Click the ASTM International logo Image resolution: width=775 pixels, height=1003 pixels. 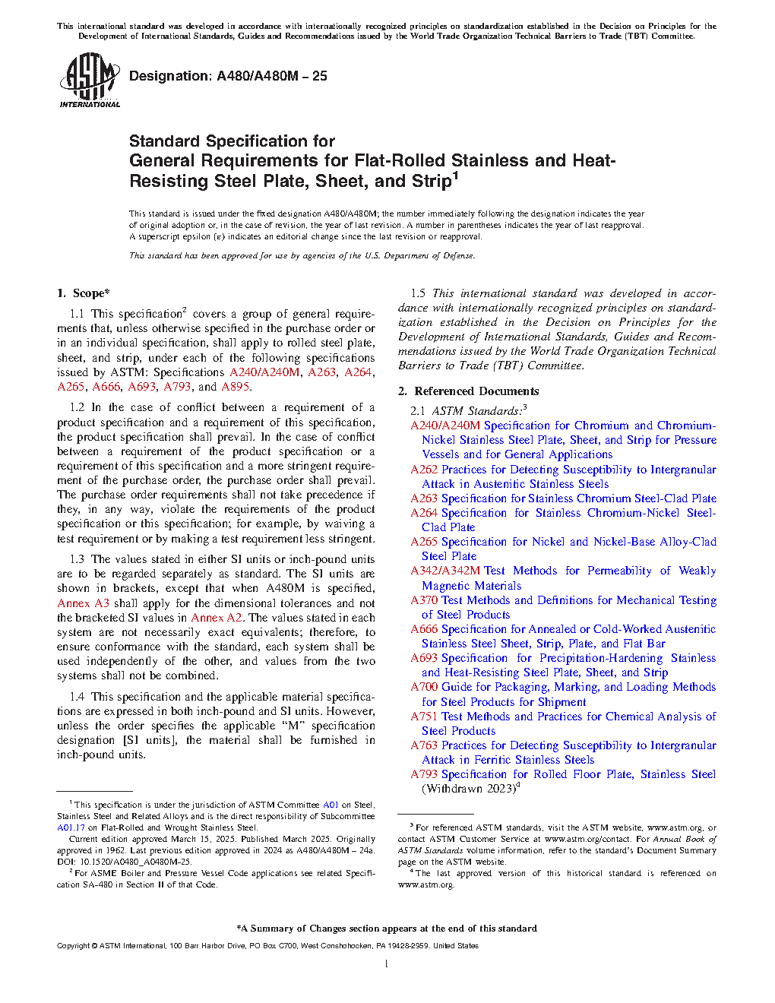[90, 80]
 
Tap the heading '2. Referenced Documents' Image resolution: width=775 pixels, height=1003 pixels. [469, 391]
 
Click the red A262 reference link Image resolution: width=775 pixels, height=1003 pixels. [424, 470]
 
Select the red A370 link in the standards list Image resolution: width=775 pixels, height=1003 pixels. [424, 600]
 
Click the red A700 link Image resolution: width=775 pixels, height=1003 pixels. [424, 687]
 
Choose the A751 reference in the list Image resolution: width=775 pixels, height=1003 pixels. [424, 717]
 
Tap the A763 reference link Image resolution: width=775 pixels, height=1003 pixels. [424, 745]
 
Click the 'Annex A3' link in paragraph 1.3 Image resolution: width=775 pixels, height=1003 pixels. [84, 603]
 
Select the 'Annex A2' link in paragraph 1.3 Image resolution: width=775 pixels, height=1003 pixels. [217, 618]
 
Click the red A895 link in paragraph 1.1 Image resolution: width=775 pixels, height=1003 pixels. [236, 387]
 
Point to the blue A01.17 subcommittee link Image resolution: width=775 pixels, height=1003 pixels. [71, 827]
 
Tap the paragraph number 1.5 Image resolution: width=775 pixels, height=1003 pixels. [418, 293]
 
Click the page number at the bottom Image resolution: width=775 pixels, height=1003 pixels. [387, 964]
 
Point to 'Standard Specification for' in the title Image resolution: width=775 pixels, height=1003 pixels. [232, 141]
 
